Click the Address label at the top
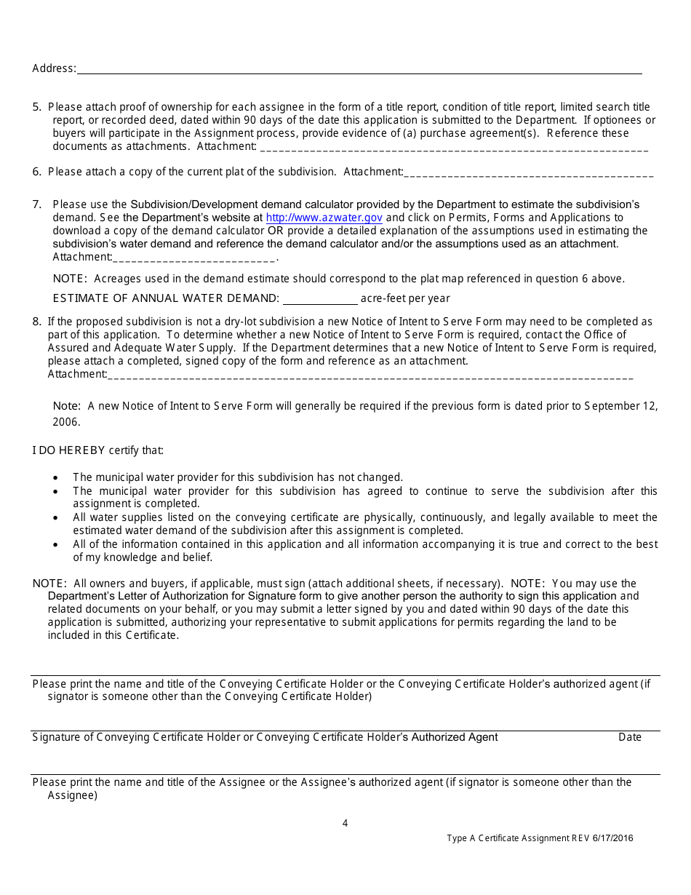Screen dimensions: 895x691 [x=53, y=68]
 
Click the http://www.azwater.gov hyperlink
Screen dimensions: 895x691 [x=324, y=218]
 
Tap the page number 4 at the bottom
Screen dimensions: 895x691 [x=345, y=824]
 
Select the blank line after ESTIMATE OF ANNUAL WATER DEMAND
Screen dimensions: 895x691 [x=320, y=299]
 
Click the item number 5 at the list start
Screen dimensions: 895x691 [x=36, y=107]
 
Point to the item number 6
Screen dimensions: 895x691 [x=36, y=172]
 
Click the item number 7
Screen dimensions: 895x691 [x=36, y=204]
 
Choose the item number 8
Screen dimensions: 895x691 [x=36, y=322]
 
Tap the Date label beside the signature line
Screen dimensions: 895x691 [x=630, y=737]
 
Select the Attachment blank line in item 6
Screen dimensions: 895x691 [x=529, y=173]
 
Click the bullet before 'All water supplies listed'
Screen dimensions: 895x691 [x=57, y=518]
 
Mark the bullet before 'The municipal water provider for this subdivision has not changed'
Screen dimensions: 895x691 [x=57, y=478]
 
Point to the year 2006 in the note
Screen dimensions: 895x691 [x=65, y=422]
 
